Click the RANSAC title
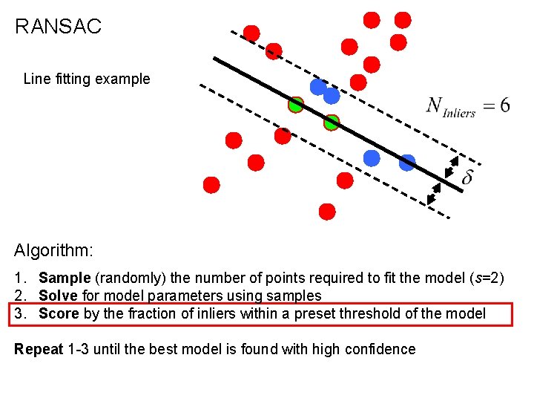[58, 27]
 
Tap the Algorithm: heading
[53, 250]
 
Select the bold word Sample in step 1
[64, 278]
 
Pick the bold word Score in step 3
[59, 313]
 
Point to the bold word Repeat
[39, 349]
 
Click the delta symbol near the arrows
[467, 177]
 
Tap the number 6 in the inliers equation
[504, 105]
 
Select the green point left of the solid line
[296, 105]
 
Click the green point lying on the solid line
[331, 123]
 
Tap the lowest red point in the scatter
[326, 212]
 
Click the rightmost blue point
[407, 163]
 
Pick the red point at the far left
[211, 185]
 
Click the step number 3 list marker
[19, 313]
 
